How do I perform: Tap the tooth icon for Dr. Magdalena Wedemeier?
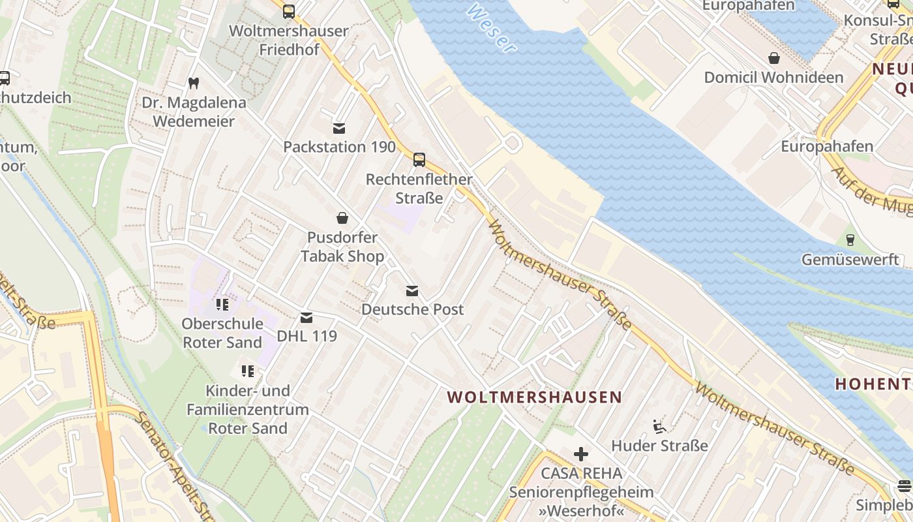tap(193, 83)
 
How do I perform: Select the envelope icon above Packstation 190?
tap(339, 128)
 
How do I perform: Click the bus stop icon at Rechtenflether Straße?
tap(419, 159)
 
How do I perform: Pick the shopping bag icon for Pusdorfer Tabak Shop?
tap(342, 217)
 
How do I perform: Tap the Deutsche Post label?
tap(413, 309)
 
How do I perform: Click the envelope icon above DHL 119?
tap(307, 318)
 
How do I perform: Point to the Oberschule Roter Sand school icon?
tap(222, 304)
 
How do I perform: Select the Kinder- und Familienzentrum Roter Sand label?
tap(247, 409)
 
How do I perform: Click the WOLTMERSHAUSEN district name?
tap(535, 397)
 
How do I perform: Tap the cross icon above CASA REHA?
tap(581, 454)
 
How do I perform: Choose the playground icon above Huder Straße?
tap(659, 427)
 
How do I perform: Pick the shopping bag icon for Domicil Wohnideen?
tap(773, 58)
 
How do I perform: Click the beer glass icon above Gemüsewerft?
tap(850, 239)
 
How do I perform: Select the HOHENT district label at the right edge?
tap(874, 384)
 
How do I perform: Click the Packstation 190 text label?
tap(339, 147)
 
